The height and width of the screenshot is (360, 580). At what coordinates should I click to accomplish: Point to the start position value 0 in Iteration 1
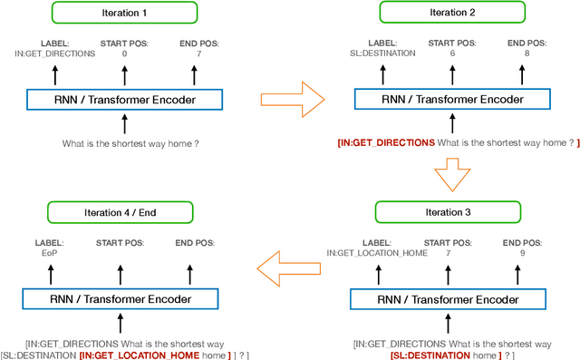[125, 54]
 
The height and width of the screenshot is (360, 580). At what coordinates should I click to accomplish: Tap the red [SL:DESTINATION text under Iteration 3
[419, 356]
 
